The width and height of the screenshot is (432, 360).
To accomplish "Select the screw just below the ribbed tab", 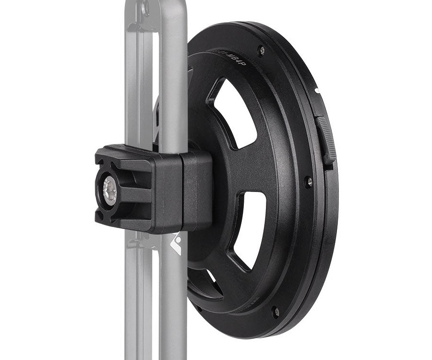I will coord(308,182).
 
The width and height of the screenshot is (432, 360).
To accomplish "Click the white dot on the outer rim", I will coord(317,90).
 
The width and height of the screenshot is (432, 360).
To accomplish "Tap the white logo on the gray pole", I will coord(176,244).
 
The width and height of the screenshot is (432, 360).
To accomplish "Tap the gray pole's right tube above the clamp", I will coord(173,72).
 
